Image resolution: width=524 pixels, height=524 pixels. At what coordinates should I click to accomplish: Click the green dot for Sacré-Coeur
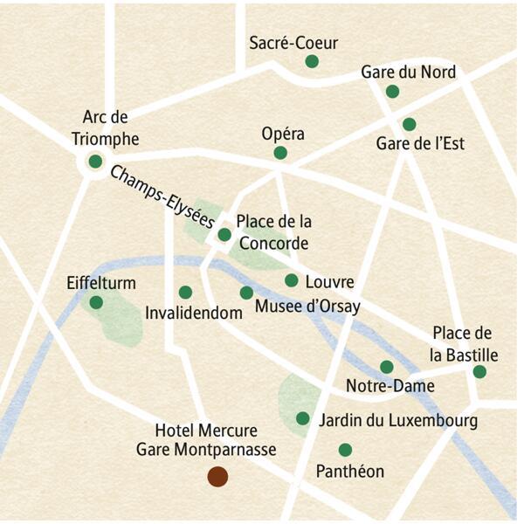[x=311, y=61]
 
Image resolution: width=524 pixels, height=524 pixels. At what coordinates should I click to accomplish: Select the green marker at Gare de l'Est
[x=409, y=124]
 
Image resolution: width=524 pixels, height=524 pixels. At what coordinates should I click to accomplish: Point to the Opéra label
[x=283, y=134]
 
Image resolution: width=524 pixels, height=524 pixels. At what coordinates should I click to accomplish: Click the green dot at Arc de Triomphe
[x=95, y=162]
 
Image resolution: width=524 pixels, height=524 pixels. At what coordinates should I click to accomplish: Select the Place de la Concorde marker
[x=224, y=234]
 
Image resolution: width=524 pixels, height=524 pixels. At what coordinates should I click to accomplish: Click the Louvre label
[x=329, y=282]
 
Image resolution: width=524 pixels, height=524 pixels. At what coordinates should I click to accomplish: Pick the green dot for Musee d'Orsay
[x=246, y=293]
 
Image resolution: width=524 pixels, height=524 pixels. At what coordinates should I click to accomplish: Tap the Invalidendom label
[x=193, y=312]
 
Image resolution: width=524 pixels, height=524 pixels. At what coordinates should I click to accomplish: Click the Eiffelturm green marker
[x=96, y=302]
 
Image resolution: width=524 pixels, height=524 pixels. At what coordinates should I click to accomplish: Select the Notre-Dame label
[x=384, y=386]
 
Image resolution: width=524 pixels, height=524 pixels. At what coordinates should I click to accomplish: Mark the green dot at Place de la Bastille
[x=479, y=371]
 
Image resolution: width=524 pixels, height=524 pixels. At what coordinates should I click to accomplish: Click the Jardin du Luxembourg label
[x=398, y=421]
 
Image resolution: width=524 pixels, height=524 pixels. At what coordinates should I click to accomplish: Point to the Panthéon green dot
[x=345, y=450]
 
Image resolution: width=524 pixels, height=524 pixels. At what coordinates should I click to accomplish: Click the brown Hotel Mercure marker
[x=217, y=476]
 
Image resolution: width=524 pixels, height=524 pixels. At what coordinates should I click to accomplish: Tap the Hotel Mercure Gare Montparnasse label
[x=206, y=441]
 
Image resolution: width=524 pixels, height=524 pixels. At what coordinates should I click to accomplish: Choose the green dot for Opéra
[x=280, y=153]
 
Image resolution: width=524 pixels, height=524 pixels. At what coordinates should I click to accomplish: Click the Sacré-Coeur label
[x=293, y=43]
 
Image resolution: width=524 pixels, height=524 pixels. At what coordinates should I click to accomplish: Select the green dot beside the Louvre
[x=291, y=280]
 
